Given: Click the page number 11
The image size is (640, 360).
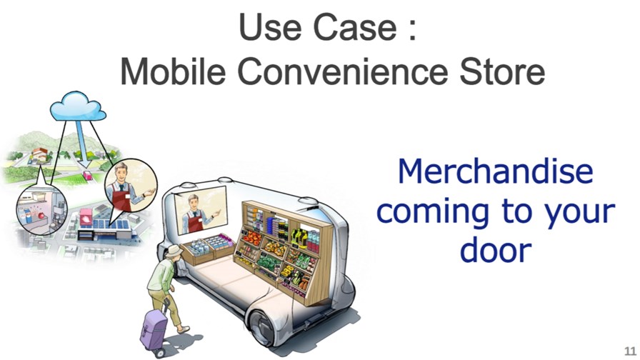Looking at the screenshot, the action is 630,351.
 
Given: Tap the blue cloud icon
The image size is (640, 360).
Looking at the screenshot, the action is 78,106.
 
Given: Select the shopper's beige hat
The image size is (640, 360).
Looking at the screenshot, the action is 174,250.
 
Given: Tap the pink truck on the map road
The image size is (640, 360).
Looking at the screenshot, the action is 87,176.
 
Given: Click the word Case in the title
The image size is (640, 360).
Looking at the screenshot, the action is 355,26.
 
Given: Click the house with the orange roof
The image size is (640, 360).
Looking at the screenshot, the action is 39,154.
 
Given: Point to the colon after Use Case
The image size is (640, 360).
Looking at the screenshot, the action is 412,30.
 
